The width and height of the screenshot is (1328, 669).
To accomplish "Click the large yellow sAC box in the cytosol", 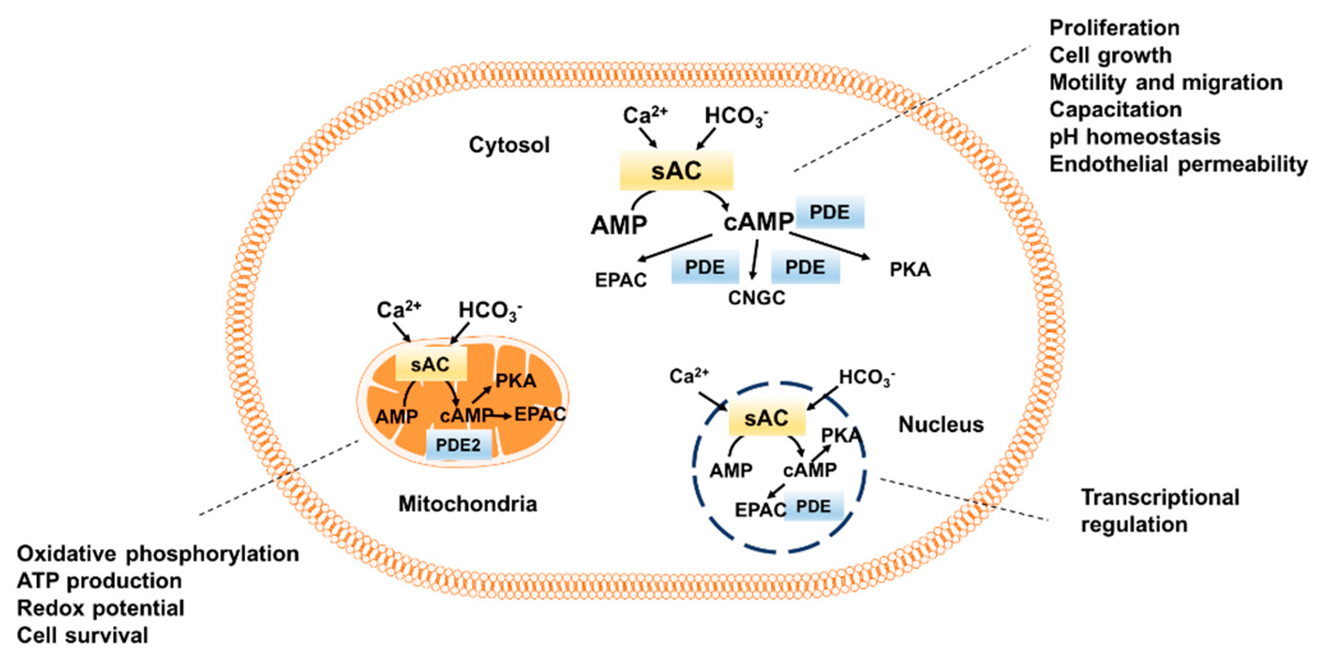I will click(676, 171).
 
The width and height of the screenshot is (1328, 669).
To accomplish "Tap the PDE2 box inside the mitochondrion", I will click(458, 444).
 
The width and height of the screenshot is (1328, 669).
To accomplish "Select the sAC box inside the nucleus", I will click(766, 417).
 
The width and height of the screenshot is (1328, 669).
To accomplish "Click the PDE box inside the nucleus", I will click(813, 506).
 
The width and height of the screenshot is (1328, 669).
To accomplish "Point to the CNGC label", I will click(756, 297).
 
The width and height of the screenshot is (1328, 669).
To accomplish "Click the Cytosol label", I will click(509, 145).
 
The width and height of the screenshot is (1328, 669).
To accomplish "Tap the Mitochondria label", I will click(468, 504).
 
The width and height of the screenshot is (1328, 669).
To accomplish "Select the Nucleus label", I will click(941, 424).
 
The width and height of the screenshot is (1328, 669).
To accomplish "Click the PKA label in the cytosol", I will click(910, 269).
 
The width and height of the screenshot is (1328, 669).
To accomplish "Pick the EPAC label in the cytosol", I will click(621, 280).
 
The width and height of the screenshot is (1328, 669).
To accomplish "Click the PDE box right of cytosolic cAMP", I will click(829, 212).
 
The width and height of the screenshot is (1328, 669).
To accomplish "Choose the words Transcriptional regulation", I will click(1160, 511).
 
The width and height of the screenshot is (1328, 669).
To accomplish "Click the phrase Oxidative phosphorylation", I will click(158, 554).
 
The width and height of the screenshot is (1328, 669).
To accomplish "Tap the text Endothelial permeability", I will click(1179, 164).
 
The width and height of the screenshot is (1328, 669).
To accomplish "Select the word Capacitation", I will click(1116, 109).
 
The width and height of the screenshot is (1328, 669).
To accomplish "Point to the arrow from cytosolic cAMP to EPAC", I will click(675, 247).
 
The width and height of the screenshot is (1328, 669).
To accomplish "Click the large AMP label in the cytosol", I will click(619, 225).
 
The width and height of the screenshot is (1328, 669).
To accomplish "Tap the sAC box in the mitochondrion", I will click(431, 364).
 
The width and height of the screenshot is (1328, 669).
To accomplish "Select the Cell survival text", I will click(82, 635).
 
